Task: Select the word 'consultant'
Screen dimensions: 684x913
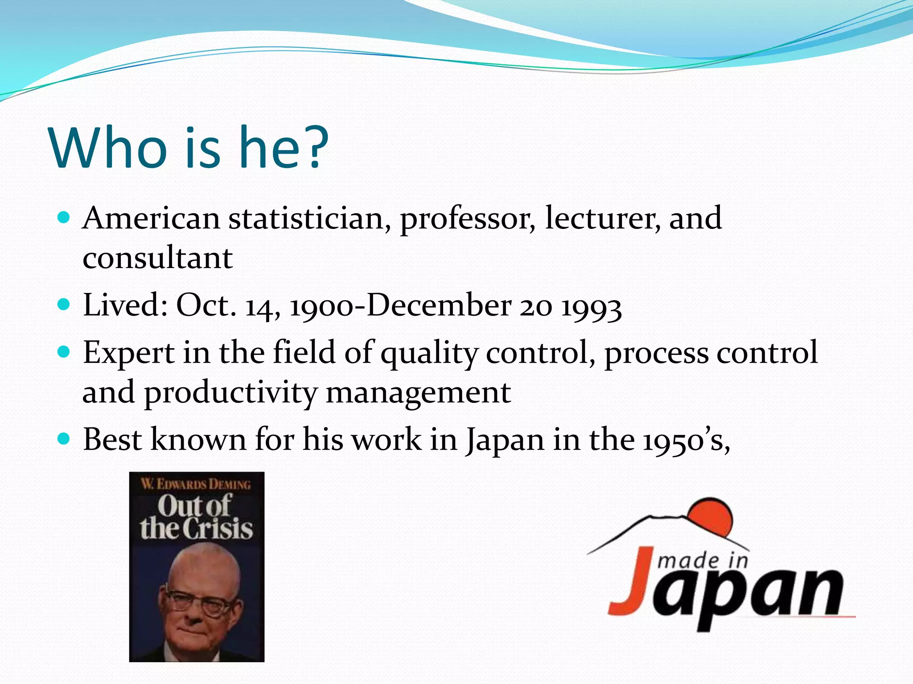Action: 157,258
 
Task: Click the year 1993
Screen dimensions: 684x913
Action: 591,307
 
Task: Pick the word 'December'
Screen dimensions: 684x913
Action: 439,306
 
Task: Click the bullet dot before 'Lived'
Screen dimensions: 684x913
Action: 64,305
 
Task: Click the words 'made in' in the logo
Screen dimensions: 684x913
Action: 703,561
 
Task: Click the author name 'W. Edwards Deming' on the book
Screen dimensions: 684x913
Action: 196,484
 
